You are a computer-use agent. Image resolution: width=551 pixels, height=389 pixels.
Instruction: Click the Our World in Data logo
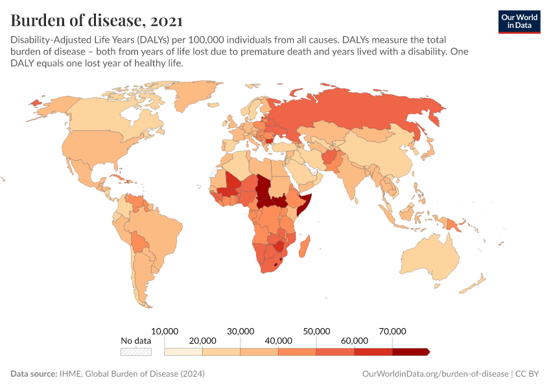click(519, 21)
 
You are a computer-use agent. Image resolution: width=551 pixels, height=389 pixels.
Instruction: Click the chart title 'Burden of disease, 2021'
click(97, 19)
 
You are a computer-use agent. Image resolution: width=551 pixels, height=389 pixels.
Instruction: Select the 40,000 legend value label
click(278, 340)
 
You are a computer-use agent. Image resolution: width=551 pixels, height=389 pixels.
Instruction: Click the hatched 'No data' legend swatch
click(136, 352)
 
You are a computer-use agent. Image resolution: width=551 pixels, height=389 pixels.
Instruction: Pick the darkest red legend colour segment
click(410, 352)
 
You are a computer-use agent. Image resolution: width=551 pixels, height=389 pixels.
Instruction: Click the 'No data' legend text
click(136, 340)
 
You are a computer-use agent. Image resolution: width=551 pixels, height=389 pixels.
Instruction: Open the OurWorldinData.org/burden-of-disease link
click(435, 374)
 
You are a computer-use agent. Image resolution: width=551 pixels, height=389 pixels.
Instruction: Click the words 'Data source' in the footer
click(33, 374)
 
